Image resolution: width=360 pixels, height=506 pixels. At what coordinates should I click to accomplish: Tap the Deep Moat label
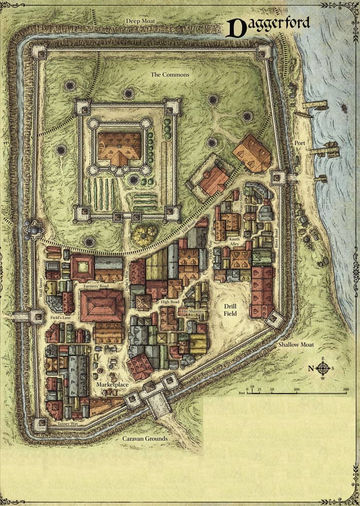click(x=141, y=21)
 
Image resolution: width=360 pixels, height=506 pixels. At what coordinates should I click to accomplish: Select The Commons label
click(x=170, y=75)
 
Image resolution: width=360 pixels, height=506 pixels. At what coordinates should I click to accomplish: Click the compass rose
click(x=323, y=368)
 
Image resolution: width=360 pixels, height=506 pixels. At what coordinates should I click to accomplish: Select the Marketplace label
click(x=112, y=384)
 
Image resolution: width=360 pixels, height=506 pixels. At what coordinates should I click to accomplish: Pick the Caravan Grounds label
click(x=145, y=439)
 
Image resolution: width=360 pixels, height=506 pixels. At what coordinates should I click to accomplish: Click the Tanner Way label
click(x=67, y=424)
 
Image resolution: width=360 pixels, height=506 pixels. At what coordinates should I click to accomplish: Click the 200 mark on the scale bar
click(x=346, y=389)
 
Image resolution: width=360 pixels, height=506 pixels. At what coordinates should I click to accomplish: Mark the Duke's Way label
click(x=127, y=283)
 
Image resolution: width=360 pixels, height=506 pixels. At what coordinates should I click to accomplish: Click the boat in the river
click(x=344, y=108)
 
